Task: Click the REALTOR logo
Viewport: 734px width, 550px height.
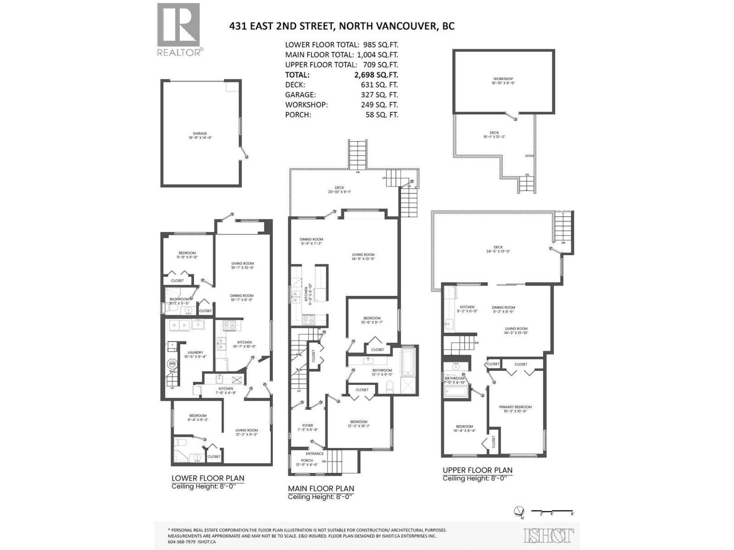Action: click(179, 29)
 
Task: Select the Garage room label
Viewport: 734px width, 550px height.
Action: click(200, 134)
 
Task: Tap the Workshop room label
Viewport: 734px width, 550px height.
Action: click(503, 79)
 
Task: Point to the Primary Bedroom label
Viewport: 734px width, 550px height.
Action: click(515, 407)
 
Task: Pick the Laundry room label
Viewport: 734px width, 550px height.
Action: click(195, 352)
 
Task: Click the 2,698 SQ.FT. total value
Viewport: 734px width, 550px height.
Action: click(379, 75)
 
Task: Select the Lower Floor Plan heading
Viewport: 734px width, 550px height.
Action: click(207, 478)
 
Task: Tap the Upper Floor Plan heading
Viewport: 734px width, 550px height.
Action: click(477, 470)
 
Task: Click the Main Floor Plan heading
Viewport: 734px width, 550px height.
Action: click(321, 489)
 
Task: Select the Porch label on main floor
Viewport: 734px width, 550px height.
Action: click(307, 461)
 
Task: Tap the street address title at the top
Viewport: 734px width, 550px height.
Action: click(342, 26)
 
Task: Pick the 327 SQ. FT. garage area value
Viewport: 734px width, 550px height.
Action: click(379, 95)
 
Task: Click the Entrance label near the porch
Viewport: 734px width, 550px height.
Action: click(315, 454)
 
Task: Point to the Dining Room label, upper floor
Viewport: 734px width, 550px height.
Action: click(503, 308)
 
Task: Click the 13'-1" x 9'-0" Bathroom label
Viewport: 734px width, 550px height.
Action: click(382, 370)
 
